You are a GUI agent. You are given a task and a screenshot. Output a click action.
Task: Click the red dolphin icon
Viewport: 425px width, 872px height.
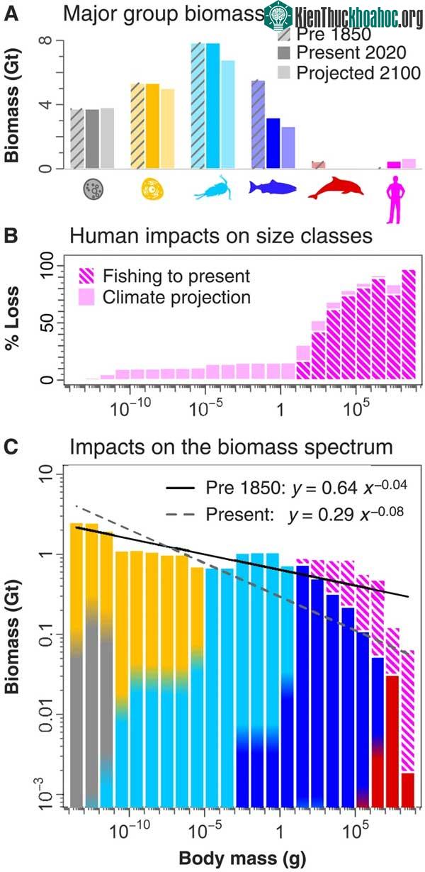[x=336, y=188]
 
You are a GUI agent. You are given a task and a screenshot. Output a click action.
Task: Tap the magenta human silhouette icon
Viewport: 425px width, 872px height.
[x=396, y=199]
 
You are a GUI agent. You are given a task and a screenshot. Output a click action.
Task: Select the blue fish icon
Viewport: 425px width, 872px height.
[x=273, y=187]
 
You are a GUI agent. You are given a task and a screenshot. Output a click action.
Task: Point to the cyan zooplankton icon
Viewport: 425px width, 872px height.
[x=213, y=188]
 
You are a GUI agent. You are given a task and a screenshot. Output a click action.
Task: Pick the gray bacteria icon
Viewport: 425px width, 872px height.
[x=93, y=189]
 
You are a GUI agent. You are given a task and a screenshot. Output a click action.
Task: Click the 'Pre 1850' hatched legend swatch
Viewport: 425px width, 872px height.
[x=284, y=34]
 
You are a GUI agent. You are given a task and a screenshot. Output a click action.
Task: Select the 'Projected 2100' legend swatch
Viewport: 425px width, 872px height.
[x=284, y=72]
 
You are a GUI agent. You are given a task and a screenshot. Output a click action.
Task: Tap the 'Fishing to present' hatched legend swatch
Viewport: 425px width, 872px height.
[x=86, y=275]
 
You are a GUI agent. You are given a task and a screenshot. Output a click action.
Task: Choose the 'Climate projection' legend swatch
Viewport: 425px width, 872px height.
[x=86, y=296]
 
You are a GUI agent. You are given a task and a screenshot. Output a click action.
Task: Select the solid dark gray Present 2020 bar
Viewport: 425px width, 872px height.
[x=92, y=139]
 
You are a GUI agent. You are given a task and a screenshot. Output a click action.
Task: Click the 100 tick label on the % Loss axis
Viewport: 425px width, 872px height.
[x=47, y=266]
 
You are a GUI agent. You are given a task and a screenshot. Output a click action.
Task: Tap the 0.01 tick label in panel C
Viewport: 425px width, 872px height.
[x=47, y=714]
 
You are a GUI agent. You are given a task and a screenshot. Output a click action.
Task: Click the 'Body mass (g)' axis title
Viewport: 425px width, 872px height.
[x=242, y=858]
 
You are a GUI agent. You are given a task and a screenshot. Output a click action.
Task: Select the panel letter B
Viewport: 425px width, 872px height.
[x=11, y=236]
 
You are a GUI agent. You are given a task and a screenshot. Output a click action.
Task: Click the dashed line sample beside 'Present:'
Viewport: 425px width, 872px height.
[x=180, y=515]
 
